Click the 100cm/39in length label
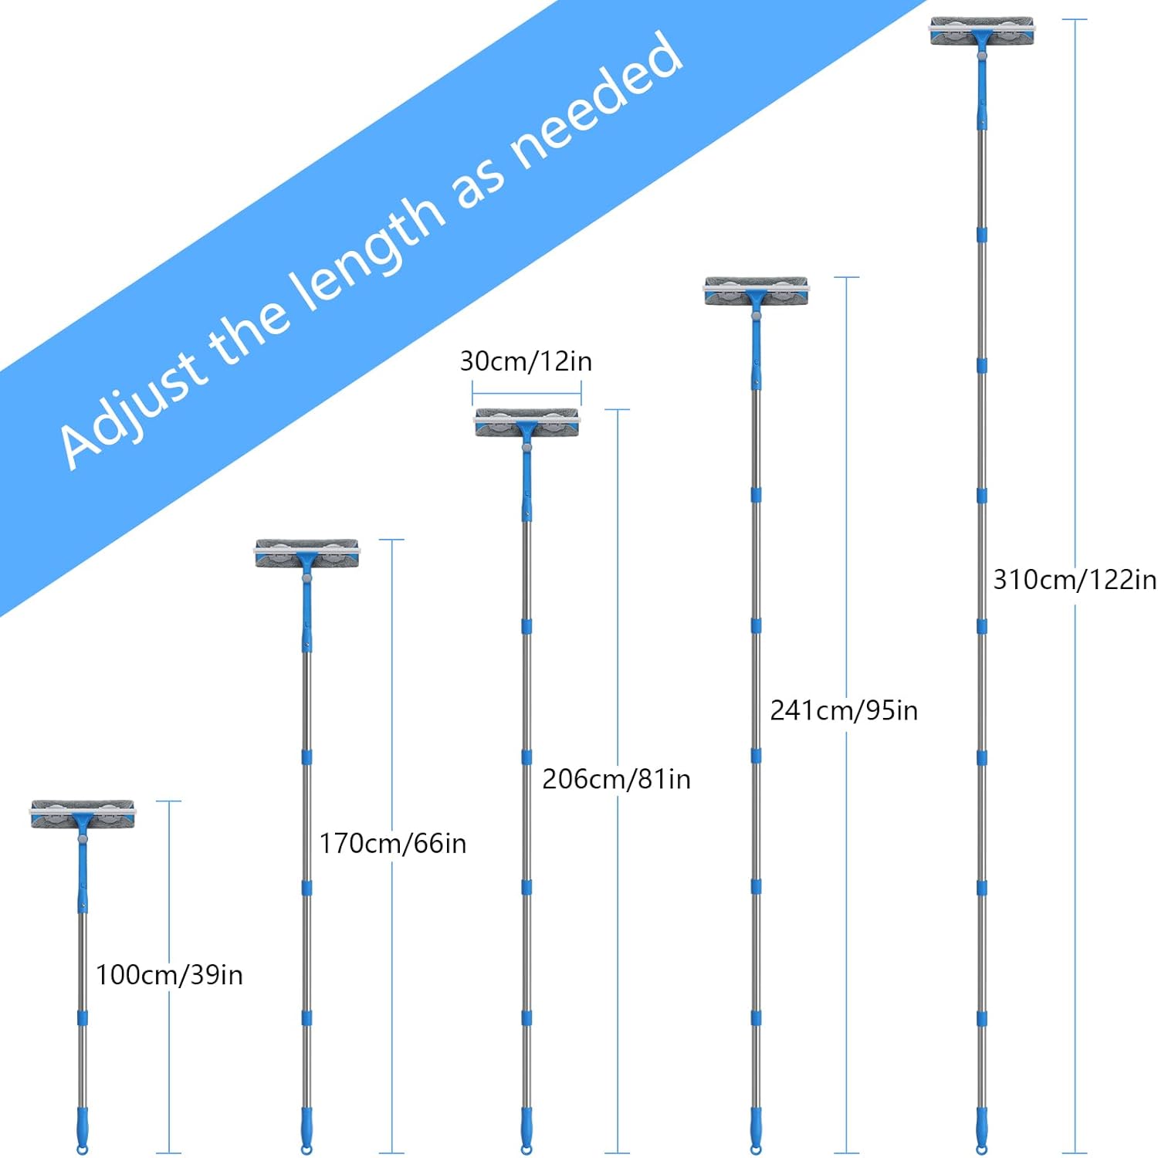click(169, 975)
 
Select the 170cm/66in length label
click(393, 843)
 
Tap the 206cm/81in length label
click(616, 779)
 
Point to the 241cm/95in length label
click(844, 710)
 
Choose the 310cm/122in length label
click(1074, 579)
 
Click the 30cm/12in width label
click(526, 361)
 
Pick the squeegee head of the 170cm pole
click(307, 554)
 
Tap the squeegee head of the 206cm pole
click(527, 423)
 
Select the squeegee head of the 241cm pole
click(757, 291)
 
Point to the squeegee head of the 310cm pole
click(982, 31)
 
